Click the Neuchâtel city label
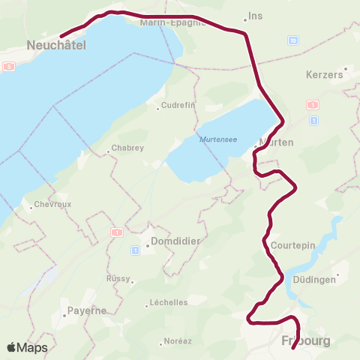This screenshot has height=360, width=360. pos(56,45)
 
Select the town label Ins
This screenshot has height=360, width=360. pos(255,16)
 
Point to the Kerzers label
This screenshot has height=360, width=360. pos(325,75)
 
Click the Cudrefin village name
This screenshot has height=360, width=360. pos(178,106)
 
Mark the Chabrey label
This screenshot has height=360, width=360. pos(127,148)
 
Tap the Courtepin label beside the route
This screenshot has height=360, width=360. pos(287,245)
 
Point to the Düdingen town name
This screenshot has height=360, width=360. pos(315,279)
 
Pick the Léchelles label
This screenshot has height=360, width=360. pos(168,303)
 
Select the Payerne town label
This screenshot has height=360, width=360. pos(87,310)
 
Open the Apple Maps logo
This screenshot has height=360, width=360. pos(27,347)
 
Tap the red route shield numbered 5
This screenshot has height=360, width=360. pos(8,67)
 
